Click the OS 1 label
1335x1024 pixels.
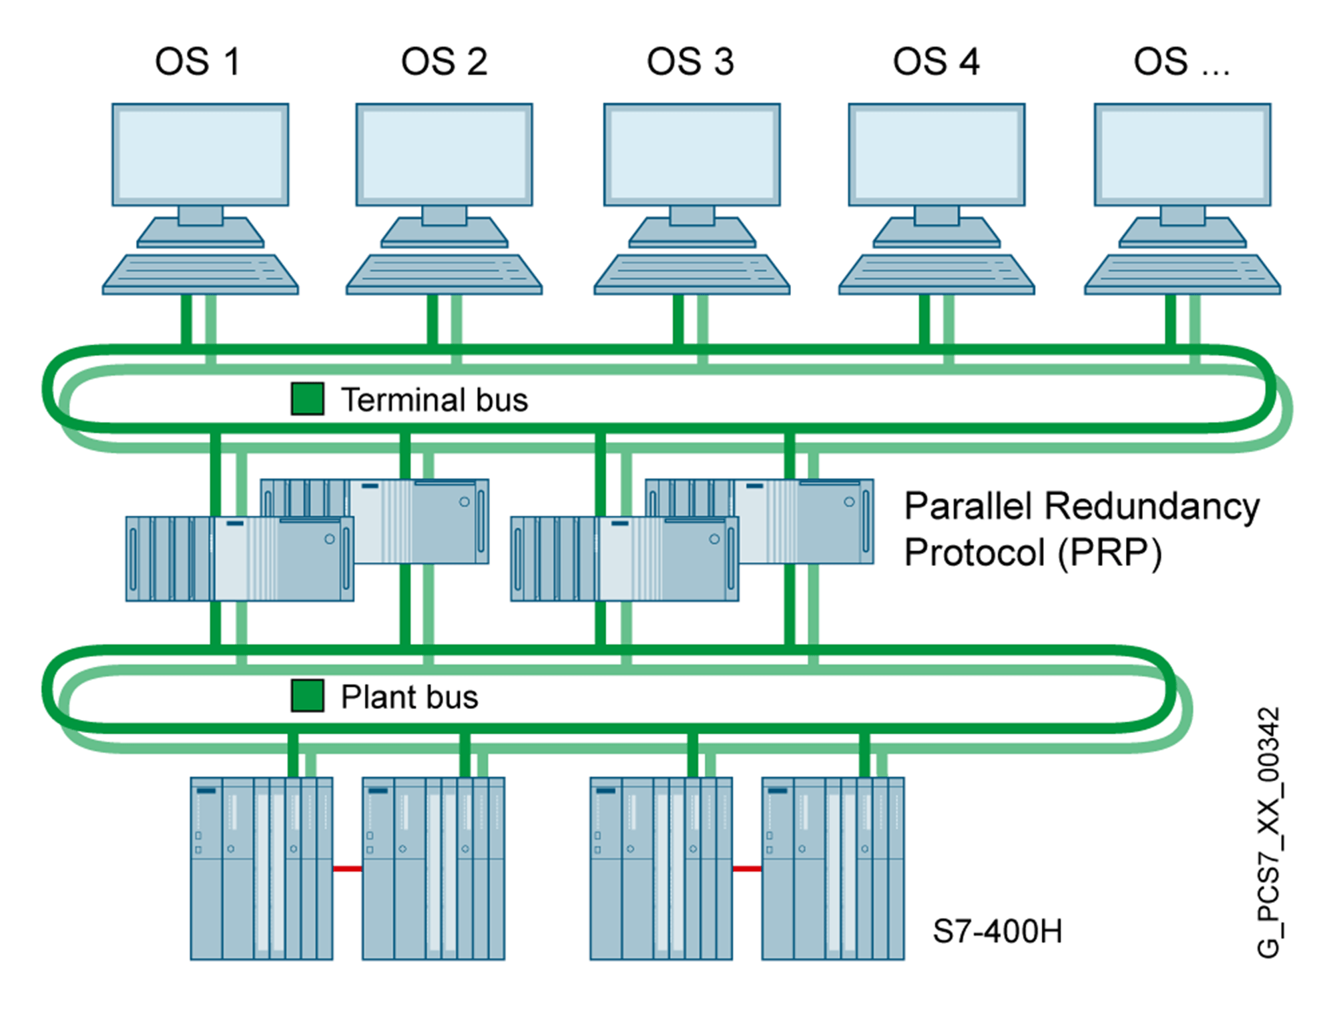pos(197,62)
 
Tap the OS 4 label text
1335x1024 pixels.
pos(936,62)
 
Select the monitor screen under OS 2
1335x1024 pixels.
pos(444,154)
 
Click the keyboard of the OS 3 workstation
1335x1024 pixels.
pos(692,274)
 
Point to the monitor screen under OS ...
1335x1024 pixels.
pos(1183,154)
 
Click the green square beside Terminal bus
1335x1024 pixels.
pos(308,399)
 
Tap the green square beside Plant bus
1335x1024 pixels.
pos(308,696)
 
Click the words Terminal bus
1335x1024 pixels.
pos(435,400)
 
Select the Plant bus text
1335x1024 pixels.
pos(410,697)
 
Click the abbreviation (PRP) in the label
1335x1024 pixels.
pos(1110,553)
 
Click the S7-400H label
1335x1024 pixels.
pos(997,931)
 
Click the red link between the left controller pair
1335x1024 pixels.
pos(348,868)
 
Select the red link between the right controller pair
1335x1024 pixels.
pos(747,868)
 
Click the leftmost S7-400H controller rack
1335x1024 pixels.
pos(261,868)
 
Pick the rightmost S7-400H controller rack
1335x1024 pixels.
pos(833,868)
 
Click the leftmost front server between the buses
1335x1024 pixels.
pos(239,559)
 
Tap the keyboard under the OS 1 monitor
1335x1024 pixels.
pos(200,274)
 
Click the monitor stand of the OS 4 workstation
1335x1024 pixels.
pos(937,227)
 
